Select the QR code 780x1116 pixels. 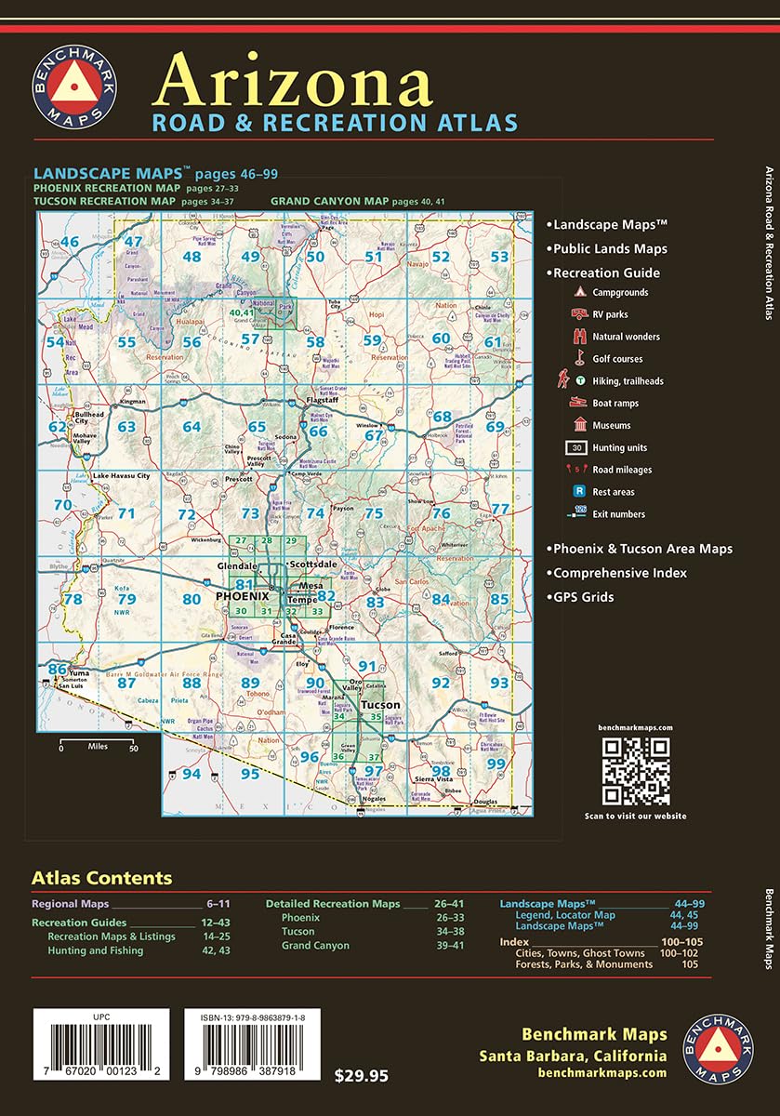click(x=636, y=771)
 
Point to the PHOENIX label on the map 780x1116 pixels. click(x=242, y=595)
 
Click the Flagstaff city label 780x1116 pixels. click(x=324, y=401)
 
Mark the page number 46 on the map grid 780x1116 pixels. click(x=70, y=243)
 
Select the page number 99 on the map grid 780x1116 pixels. click(x=496, y=764)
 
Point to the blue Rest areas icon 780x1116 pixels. click(x=578, y=492)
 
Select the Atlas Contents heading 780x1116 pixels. click(x=102, y=878)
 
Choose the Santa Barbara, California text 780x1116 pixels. click(x=573, y=1056)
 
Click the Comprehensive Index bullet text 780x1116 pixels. click(x=619, y=573)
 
